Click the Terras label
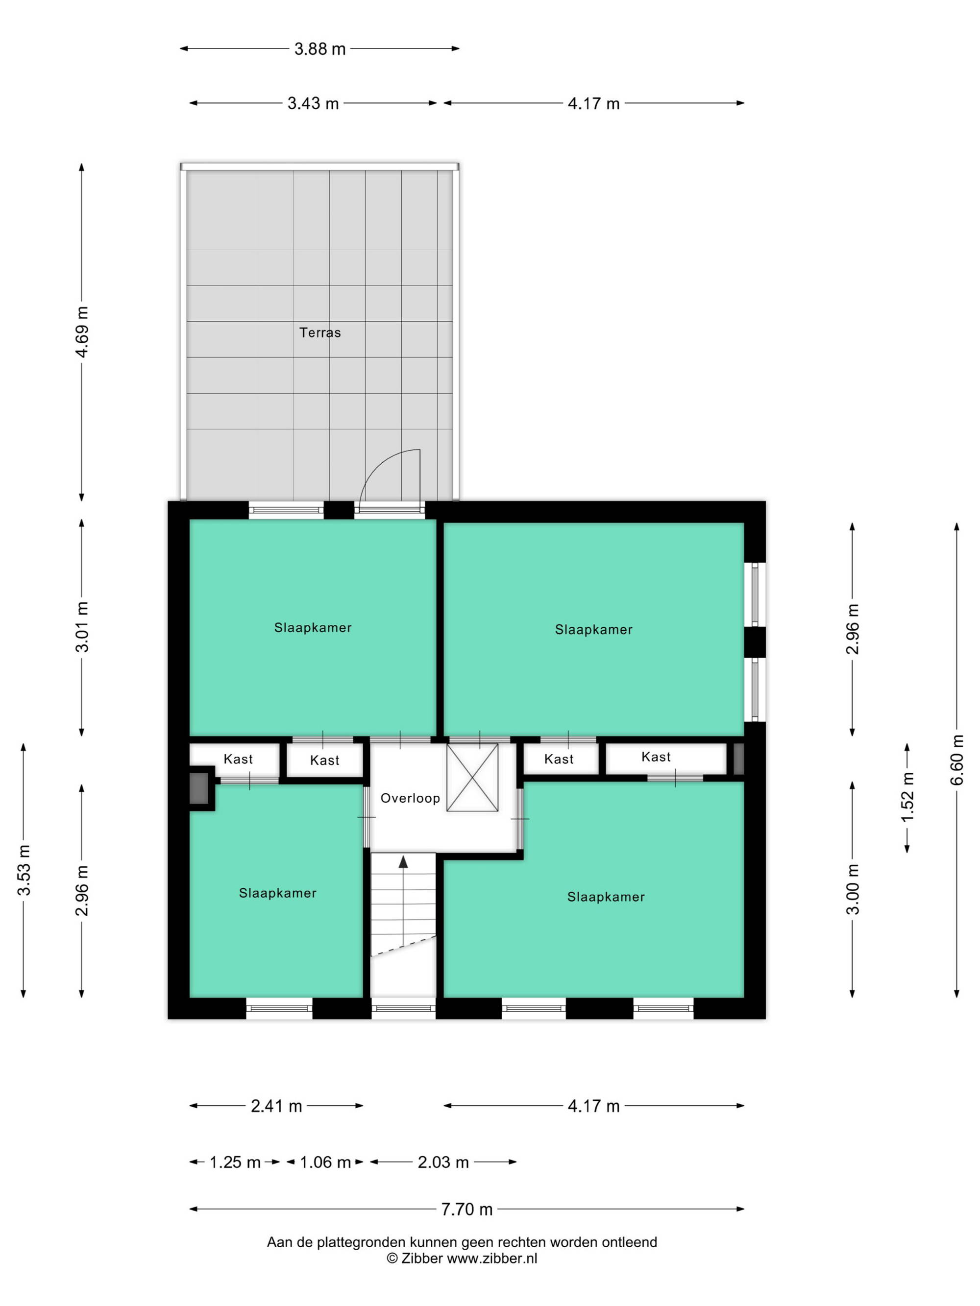[x=319, y=332]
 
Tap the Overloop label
[x=410, y=798]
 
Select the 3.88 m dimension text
[x=319, y=48]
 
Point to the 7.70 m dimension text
[x=466, y=1209]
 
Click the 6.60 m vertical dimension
[x=957, y=760]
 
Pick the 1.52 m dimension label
[x=907, y=797]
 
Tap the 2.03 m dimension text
[x=443, y=1162]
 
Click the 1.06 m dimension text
[x=325, y=1162]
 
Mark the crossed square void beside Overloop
[x=472, y=777]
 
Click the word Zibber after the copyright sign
[x=422, y=1258]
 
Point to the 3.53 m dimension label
[x=24, y=870]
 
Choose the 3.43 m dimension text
[x=313, y=103]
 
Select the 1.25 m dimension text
[x=235, y=1162]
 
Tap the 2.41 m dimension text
[x=276, y=1106]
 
